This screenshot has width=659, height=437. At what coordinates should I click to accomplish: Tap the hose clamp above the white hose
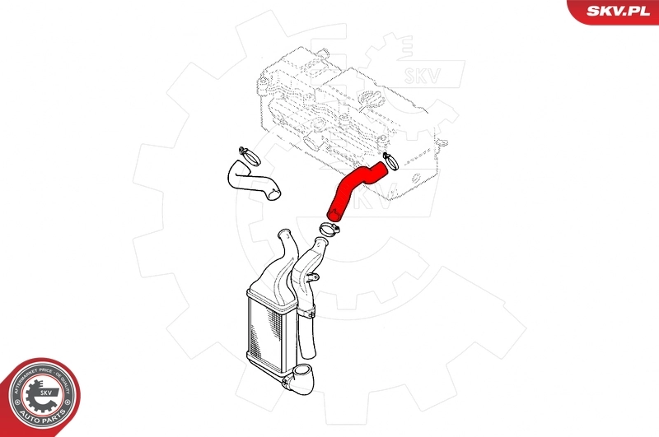pos(245,152)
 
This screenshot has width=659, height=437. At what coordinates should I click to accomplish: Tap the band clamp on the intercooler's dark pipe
pos(306,310)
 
